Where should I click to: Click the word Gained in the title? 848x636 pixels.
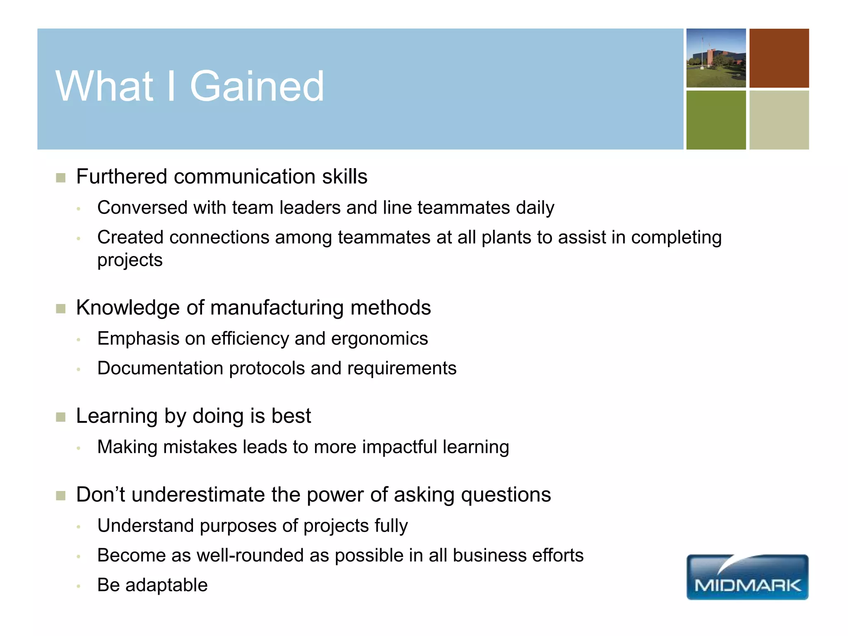coord(257,86)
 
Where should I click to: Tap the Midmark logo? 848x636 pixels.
coord(747,577)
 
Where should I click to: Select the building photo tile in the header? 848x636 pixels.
coord(716,58)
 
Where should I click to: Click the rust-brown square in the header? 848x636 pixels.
coord(779,58)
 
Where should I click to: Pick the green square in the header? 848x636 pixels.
coord(716,120)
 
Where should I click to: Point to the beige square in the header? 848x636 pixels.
coord(779,120)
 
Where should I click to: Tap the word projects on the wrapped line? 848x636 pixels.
coord(130,260)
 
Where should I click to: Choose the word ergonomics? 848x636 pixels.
coord(379,339)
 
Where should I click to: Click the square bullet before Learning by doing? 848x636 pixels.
coord(61,417)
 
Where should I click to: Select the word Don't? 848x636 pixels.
coord(100,495)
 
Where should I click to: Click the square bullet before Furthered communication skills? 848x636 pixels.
coord(61,178)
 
